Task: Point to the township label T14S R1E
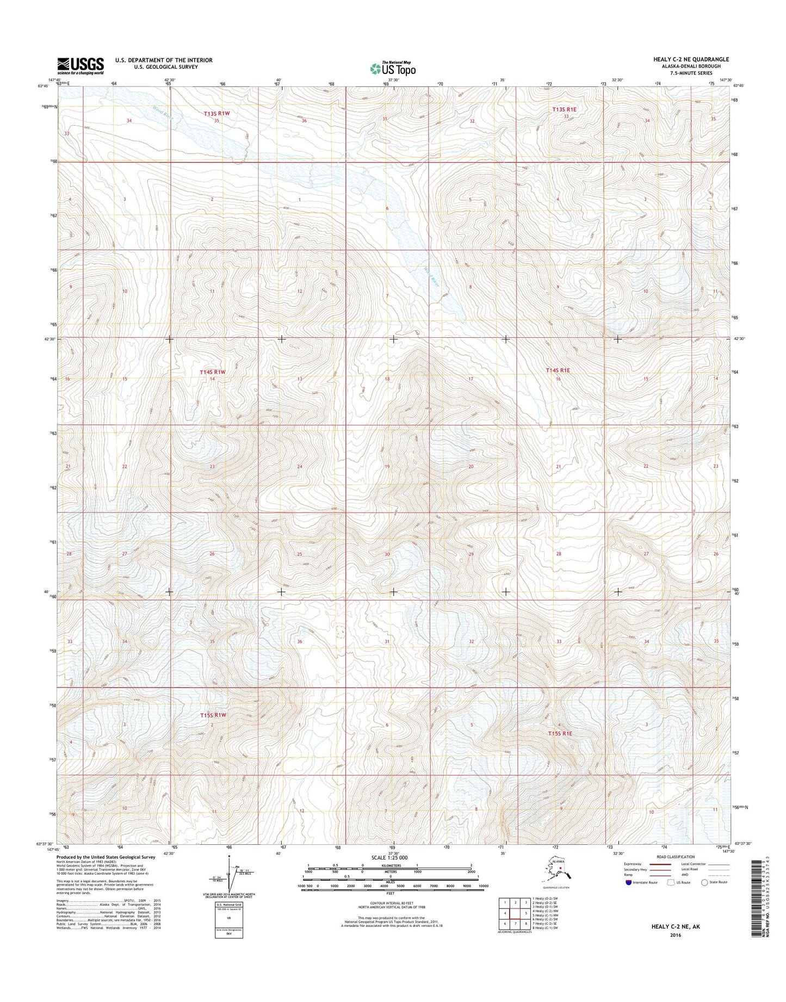pyautogui.click(x=558, y=370)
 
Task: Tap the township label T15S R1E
pyautogui.click(x=560, y=733)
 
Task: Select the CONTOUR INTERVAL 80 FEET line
pyautogui.click(x=391, y=917)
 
